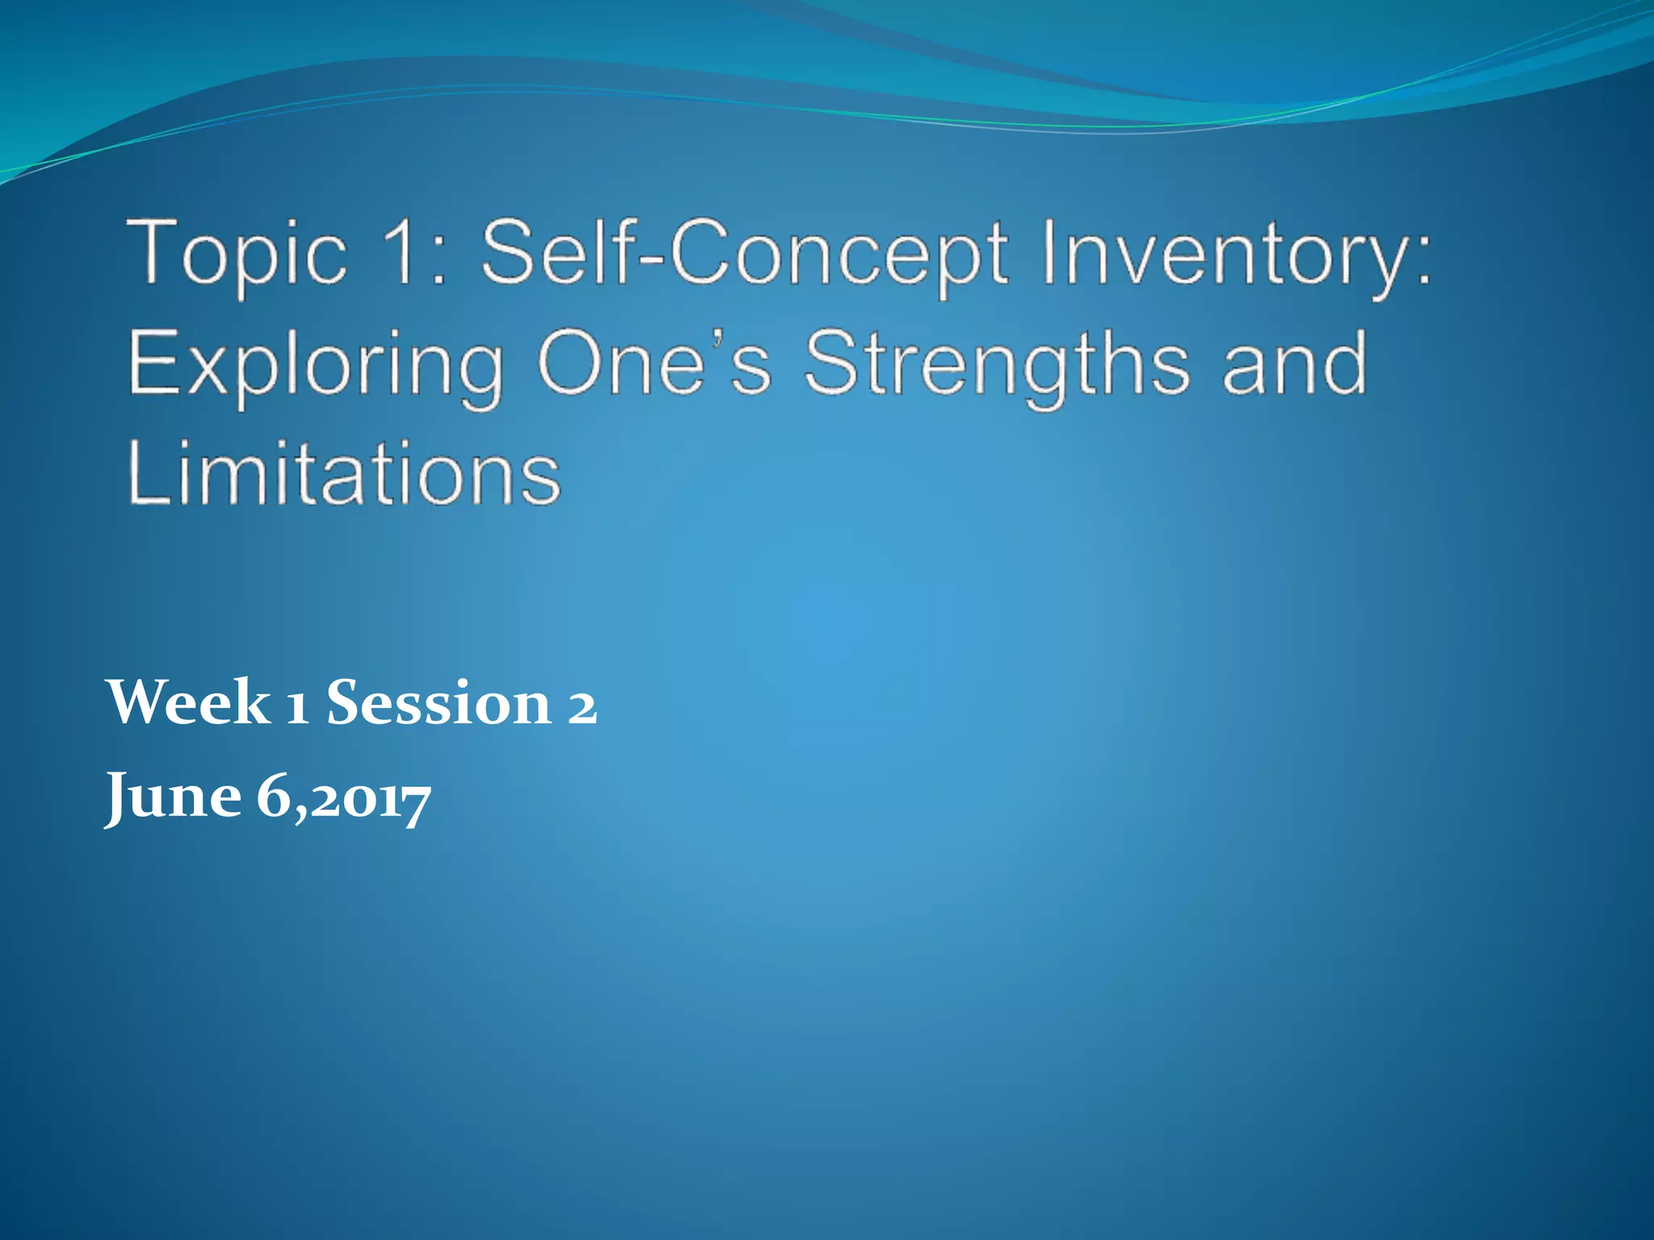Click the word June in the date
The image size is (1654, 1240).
click(x=174, y=798)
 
